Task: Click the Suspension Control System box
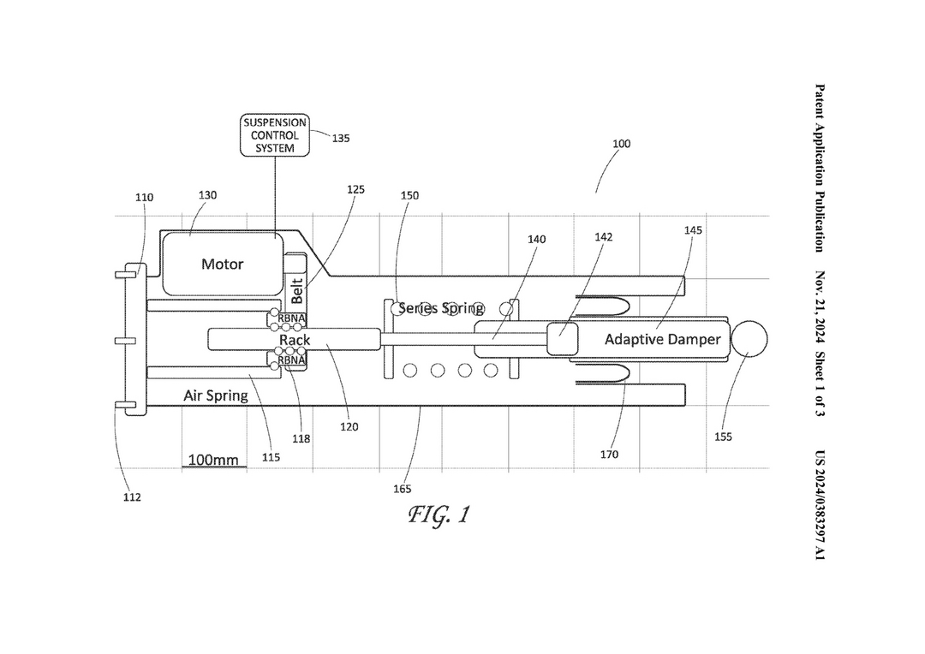(275, 135)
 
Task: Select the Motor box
(223, 264)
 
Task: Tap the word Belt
(296, 291)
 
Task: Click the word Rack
(295, 340)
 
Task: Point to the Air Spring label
(215, 395)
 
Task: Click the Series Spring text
(441, 308)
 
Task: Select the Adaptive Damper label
(662, 340)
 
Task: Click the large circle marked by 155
(749, 340)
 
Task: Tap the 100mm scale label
(213, 460)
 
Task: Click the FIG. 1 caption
(439, 514)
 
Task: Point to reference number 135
(340, 139)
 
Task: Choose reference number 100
(621, 143)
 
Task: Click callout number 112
(132, 497)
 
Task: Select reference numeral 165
(403, 489)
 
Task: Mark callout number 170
(610, 454)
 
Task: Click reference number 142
(604, 237)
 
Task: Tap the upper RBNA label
(291, 319)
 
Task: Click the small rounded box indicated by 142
(562, 338)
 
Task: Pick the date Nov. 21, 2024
(820, 307)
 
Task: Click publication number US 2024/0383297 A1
(820, 505)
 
